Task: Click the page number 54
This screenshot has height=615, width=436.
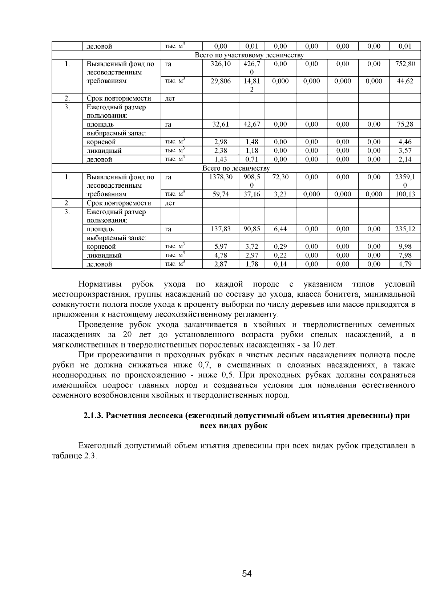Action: [247, 574]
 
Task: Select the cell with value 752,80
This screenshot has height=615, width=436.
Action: [405, 64]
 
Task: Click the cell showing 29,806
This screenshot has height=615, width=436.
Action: [221, 81]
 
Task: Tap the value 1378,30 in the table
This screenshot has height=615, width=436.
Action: [221, 177]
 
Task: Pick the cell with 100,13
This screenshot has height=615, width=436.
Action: [405, 194]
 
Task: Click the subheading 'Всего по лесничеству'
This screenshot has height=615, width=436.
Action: [236, 168]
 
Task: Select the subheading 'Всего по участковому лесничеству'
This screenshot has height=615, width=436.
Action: [249, 55]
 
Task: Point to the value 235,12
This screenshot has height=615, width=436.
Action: [405, 229]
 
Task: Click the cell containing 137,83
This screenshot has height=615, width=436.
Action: [221, 229]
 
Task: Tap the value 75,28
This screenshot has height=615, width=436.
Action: [405, 124]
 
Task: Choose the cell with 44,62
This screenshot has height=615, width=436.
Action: [405, 81]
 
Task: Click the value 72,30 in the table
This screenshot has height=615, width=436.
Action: [280, 177]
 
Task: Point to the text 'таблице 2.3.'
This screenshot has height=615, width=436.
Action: [74, 456]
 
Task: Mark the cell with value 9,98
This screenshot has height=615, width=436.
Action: [405, 247]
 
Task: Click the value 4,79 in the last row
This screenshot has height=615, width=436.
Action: [405, 264]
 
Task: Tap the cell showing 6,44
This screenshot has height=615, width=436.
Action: [280, 229]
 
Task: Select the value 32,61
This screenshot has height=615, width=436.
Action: [221, 124]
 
